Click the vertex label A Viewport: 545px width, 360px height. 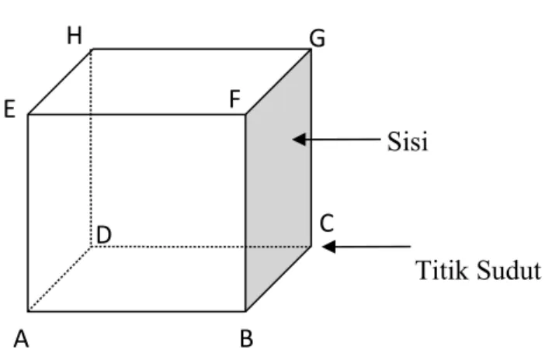coord(21,338)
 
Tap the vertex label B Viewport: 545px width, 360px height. coord(246,338)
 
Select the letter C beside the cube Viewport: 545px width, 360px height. coord(327,223)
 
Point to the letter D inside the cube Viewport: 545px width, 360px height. coord(104,234)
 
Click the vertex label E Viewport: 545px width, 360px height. coord(9,109)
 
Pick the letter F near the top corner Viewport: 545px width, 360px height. coord(235,99)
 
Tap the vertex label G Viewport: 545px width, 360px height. coord(318,38)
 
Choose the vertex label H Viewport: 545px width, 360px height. coord(75,36)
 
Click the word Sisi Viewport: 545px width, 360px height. coord(408,141)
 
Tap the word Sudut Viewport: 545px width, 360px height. coord(509,270)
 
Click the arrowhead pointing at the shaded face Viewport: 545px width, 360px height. coord(299,140)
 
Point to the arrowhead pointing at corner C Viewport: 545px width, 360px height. coord(329,247)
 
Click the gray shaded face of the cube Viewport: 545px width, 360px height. coord(278,180)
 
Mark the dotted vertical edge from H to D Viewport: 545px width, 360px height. coord(91,148)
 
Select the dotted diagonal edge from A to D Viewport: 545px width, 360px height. coord(60,279)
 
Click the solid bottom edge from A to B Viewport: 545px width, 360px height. coord(137,311)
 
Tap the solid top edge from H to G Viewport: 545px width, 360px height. coord(201,50)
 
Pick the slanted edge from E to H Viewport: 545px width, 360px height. coord(60,81)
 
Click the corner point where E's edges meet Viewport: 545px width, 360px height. coord(28,114)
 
